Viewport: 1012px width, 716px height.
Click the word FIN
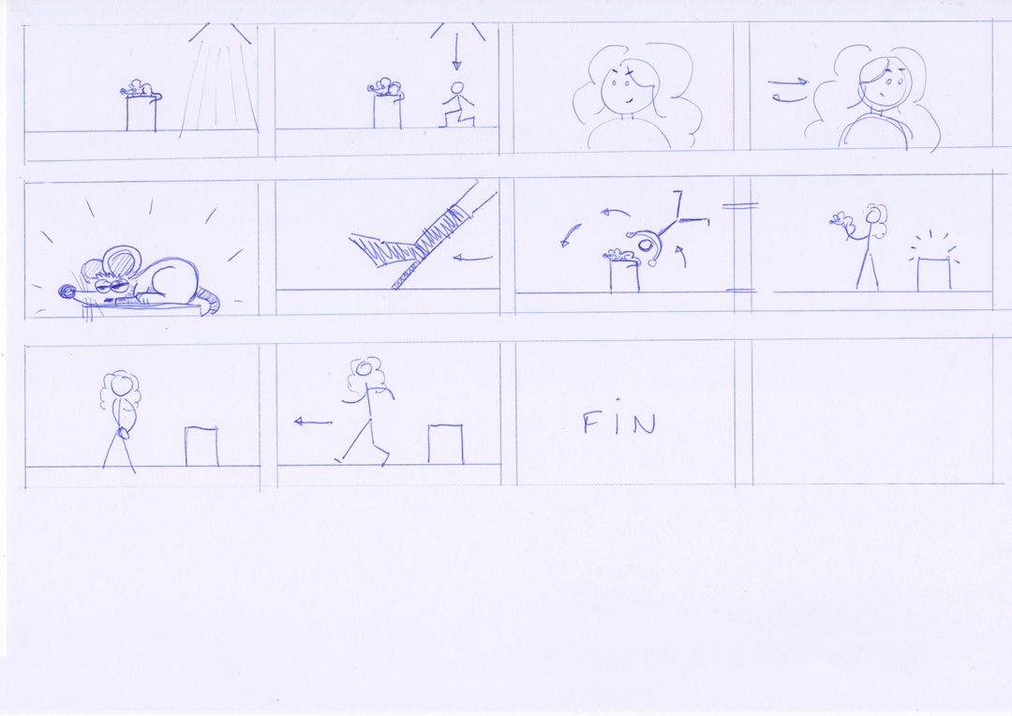coord(619,424)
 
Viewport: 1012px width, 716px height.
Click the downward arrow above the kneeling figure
coord(456,52)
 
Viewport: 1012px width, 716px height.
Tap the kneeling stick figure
coord(458,104)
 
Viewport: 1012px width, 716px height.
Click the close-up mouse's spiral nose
coord(67,292)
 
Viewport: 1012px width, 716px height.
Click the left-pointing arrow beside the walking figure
coord(313,423)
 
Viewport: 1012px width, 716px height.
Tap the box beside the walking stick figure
coord(445,443)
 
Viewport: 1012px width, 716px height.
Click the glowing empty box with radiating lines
coord(934,273)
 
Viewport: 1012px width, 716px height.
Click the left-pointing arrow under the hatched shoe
coord(472,259)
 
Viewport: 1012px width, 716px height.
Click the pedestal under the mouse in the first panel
coord(141,113)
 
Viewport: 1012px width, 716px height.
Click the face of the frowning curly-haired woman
coord(624,88)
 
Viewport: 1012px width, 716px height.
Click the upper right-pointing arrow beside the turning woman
coord(788,82)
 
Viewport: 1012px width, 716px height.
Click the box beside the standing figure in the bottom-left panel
coord(201,445)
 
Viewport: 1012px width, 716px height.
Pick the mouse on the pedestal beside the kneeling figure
coord(385,88)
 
